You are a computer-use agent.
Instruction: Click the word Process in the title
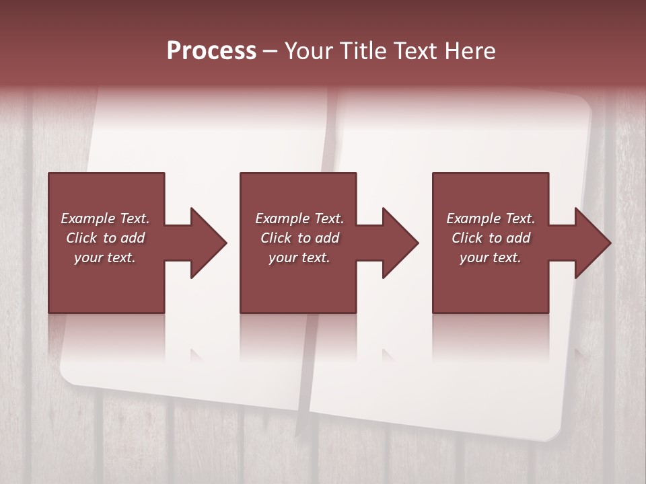click(x=211, y=51)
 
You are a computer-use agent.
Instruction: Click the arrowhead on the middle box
click(x=399, y=243)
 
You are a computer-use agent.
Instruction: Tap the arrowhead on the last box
click(x=591, y=243)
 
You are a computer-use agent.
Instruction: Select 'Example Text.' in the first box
click(x=105, y=218)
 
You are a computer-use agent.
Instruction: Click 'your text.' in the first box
click(x=105, y=257)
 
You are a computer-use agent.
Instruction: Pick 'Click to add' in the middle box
click(x=299, y=238)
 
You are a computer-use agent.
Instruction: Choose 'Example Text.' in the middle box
click(x=299, y=218)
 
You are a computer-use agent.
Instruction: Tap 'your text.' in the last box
click(x=491, y=257)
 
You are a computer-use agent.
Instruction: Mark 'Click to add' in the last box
click(x=491, y=238)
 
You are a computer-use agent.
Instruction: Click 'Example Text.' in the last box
click(x=491, y=218)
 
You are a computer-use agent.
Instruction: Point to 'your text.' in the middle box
click(x=299, y=257)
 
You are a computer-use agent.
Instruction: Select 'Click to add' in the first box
click(x=105, y=238)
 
